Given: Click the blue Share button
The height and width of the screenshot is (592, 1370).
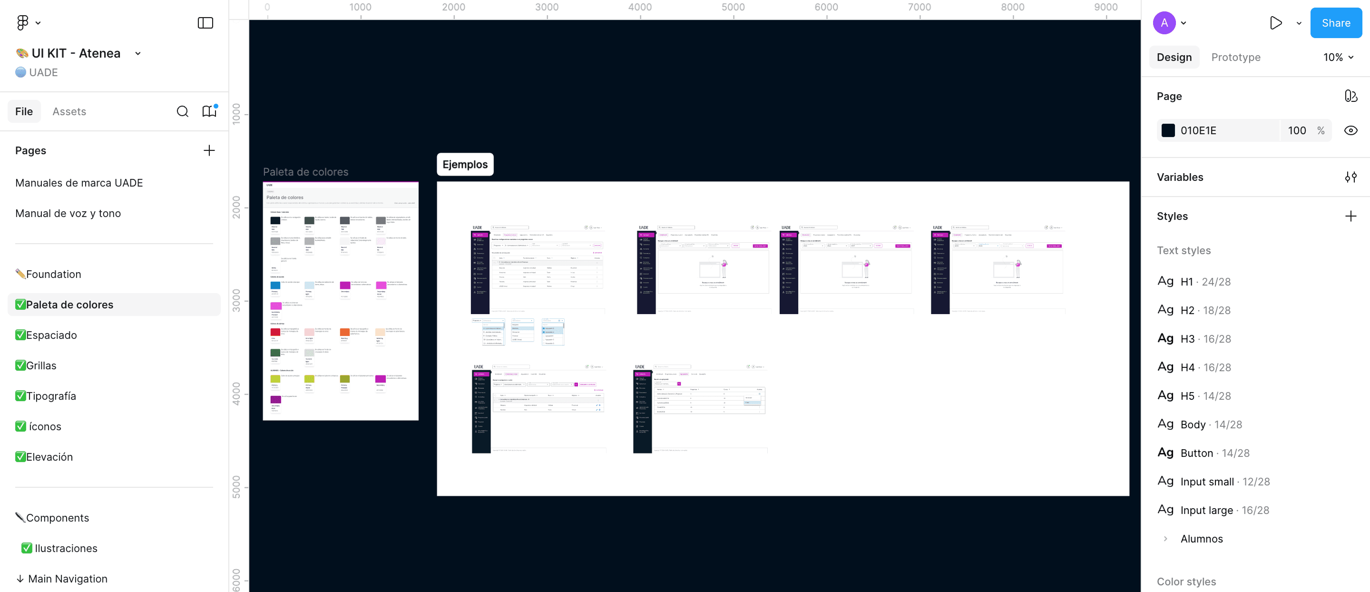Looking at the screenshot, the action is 1335,23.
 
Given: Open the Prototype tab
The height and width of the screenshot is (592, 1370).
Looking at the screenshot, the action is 1235,57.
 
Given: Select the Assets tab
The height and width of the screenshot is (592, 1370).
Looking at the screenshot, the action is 69,111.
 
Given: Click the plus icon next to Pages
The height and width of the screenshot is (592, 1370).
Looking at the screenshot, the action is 209,150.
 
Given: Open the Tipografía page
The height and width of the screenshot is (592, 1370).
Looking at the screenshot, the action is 50,396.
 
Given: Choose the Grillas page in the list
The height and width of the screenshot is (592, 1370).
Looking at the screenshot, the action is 41,365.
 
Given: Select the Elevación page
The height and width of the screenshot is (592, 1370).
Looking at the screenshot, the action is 49,457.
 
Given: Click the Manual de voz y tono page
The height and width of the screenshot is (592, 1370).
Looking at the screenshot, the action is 68,213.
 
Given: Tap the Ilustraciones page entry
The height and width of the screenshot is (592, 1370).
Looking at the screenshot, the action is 66,548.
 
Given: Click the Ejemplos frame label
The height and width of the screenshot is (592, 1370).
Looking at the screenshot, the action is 465,164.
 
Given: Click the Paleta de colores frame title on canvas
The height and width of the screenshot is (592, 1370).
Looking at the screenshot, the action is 305,172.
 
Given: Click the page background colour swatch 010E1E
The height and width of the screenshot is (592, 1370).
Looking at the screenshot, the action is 1168,130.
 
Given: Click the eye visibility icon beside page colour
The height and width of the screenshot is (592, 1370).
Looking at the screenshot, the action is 1350,130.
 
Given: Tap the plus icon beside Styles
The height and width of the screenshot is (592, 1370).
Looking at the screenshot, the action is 1350,216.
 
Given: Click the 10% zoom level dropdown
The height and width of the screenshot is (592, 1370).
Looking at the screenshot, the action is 1338,57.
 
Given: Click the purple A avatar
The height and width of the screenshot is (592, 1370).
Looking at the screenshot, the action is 1164,23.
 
